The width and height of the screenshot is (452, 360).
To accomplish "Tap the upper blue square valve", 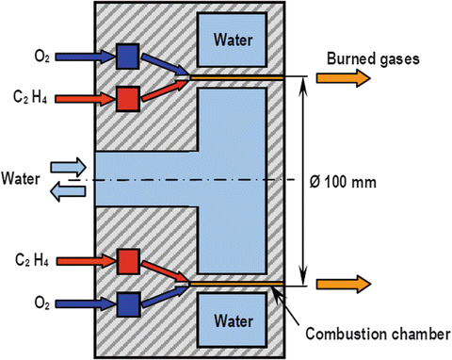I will (127, 57).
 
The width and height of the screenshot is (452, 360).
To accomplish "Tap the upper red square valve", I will (127, 96).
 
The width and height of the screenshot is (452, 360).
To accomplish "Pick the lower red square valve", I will (127, 260).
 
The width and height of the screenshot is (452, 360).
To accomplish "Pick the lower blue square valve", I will (127, 303).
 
